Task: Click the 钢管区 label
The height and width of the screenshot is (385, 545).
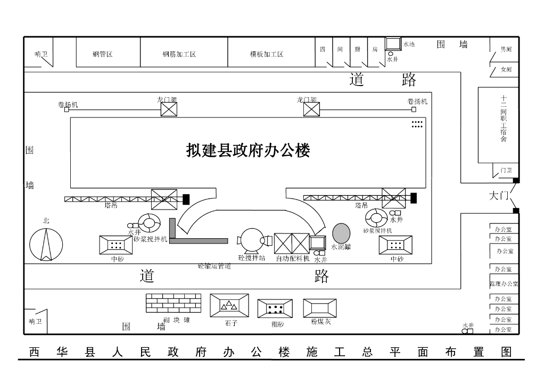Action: pos(102,54)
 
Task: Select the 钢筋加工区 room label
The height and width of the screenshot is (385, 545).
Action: pos(179,54)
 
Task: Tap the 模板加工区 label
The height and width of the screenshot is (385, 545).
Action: pos(267,54)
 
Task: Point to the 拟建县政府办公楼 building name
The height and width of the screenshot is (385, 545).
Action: pos(248,150)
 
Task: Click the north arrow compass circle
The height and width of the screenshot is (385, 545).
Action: pos(46,244)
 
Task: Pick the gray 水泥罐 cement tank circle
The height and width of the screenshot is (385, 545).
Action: pos(341,232)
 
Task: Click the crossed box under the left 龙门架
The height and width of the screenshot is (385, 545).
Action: pos(169,110)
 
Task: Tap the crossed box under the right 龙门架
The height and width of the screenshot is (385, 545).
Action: pos(311,110)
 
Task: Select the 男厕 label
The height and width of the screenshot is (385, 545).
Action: pos(506,49)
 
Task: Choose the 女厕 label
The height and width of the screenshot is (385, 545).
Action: pos(506,70)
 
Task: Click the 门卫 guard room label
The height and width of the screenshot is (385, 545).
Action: pos(506,170)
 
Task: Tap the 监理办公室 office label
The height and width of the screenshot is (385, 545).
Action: pos(503,283)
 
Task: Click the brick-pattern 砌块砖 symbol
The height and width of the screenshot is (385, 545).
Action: pos(174,303)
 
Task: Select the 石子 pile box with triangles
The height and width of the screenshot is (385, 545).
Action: pos(229,305)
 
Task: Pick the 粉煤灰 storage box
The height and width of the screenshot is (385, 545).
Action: pos(320,308)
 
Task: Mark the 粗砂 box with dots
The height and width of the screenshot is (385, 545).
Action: pos(275,308)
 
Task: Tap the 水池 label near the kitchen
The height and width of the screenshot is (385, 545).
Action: pos(409,45)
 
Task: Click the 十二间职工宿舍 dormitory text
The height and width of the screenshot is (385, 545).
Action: pos(503,119)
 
